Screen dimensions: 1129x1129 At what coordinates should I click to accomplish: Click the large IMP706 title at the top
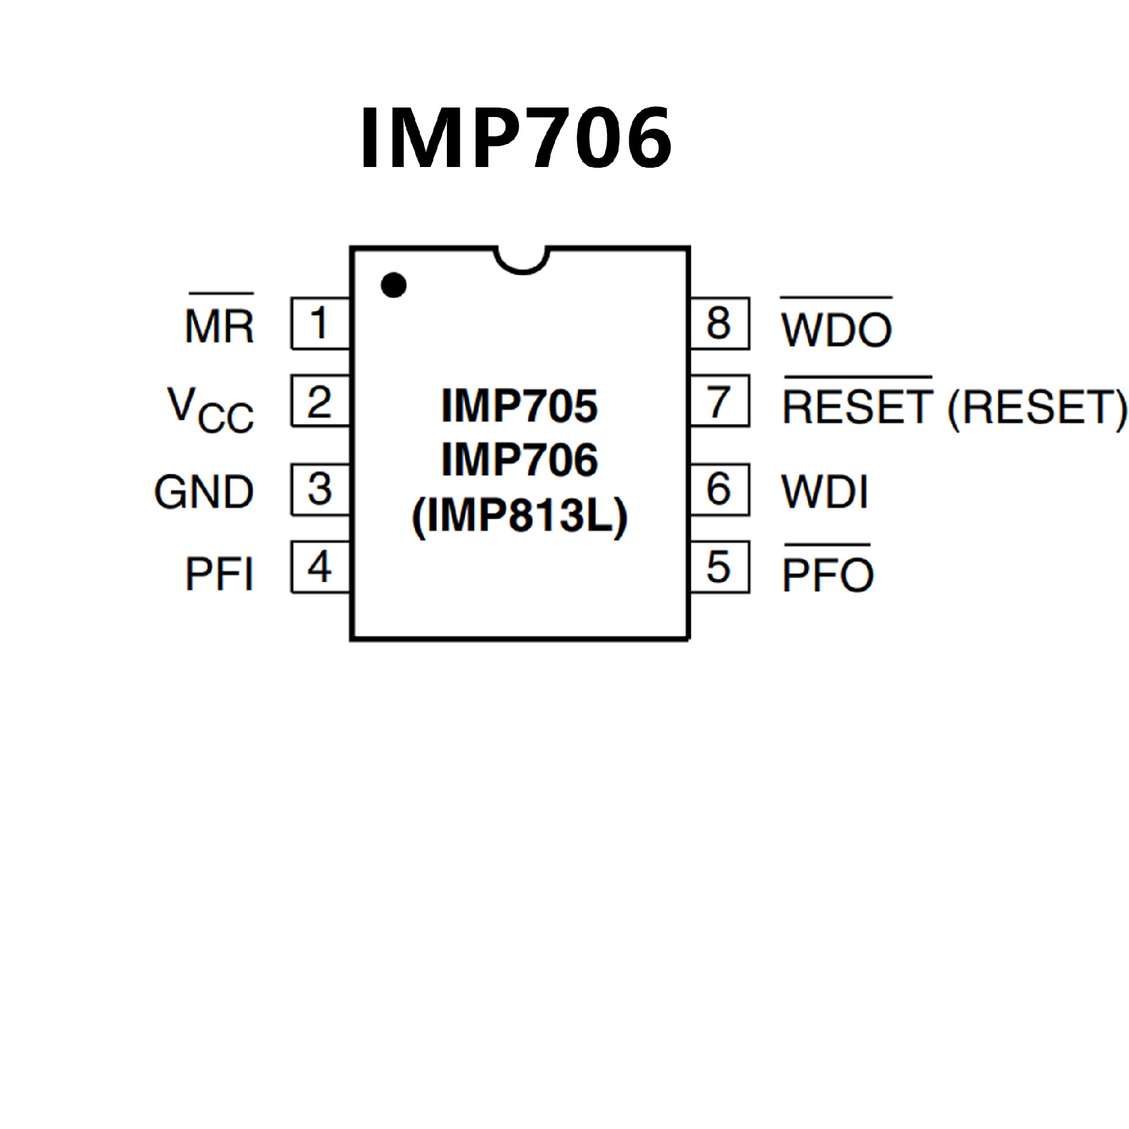click(516, 138)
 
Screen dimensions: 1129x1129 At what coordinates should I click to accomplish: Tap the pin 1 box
click(320, 323)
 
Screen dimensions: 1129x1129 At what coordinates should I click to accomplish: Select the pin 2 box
click(320, 401)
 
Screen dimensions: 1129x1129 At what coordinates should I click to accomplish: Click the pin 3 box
click(320, 489)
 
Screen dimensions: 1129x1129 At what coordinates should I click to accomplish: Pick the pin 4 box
click(320, 567)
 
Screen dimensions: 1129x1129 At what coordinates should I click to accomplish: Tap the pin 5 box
click(719, 567)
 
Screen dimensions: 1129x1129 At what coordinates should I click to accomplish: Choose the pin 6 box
click(719, 489)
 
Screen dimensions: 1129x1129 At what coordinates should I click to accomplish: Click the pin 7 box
click(719, 401)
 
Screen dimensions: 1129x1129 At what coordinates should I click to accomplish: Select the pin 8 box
click(719, 323)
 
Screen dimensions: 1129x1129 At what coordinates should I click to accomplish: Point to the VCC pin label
click(211, 410)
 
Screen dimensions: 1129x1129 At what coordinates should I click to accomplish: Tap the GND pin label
click(204, 492)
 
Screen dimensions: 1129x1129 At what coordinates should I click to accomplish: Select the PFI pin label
click(219, 574)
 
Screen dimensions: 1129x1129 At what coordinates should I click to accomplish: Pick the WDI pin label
click(824, 492)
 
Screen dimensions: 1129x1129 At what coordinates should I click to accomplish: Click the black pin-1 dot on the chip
click(393, 286)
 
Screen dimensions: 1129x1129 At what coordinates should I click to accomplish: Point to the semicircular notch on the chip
click(522, 260)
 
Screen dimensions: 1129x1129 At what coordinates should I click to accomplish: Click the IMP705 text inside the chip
click(519, 406)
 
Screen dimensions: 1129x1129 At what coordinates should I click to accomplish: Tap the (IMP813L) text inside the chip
click(520, 517)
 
